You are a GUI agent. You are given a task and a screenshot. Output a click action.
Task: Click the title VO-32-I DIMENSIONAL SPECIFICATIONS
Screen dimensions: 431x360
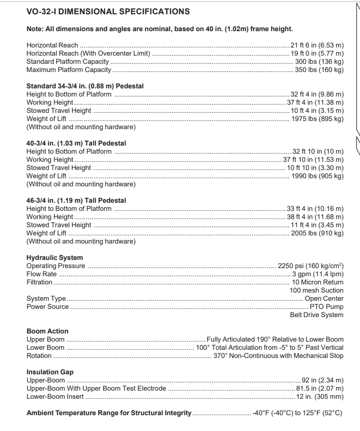coord(108,12)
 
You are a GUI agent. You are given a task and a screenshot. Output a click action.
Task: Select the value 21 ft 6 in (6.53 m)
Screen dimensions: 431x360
coord(317,45)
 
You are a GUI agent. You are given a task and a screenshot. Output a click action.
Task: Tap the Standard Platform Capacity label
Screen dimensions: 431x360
coord(68,62)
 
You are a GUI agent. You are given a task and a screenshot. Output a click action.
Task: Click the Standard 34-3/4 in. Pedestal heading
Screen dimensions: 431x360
coord(85,86)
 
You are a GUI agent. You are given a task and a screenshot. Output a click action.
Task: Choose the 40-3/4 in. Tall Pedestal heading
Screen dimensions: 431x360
coord(76,143)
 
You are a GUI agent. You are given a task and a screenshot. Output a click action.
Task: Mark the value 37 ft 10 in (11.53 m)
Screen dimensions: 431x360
coord(314,160)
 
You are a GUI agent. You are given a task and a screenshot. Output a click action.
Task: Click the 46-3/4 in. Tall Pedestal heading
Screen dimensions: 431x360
coord(76,201)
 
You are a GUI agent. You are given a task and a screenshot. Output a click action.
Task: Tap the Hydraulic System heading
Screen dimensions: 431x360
coord(55,258)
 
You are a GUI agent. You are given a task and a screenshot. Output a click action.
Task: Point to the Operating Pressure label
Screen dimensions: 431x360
coord(56,266)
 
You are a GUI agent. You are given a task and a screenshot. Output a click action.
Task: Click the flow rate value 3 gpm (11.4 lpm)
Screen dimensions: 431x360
coord(318,274)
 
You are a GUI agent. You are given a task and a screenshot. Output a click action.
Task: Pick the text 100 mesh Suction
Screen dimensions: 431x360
coord(317,291)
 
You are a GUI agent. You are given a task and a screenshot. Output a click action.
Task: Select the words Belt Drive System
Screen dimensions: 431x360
coord(317,315)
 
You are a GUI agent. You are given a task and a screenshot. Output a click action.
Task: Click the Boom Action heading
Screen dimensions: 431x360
coord(47,331)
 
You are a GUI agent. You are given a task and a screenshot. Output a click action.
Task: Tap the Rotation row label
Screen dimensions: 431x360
coord(39,356)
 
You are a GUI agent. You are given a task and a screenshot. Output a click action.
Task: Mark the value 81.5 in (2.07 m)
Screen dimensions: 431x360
coord(320,389)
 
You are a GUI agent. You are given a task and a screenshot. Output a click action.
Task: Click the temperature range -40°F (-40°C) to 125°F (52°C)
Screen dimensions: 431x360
coord(297,413)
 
